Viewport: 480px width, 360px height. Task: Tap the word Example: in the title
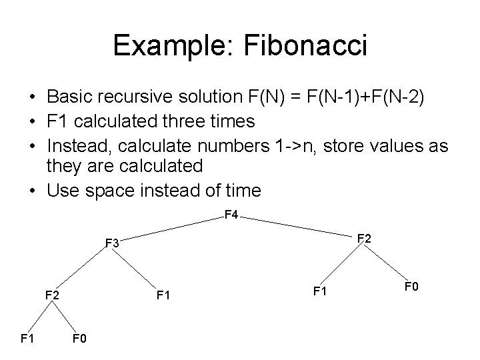[x=171, y=46]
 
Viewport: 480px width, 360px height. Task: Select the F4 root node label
[x=231, y=215]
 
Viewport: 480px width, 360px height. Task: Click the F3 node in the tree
[x=112, y=244]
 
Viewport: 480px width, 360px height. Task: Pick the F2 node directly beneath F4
[x=365, y=238]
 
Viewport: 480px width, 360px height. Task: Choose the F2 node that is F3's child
[x=52, y=294]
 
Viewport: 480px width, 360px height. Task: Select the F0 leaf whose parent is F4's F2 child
[x=411, y=288]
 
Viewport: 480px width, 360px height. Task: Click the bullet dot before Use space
[x=33, y=191]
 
